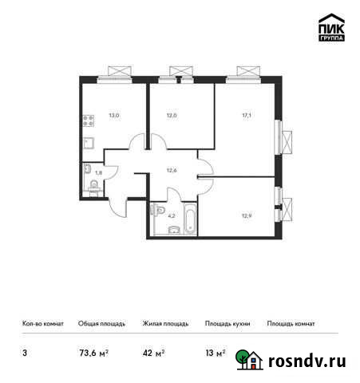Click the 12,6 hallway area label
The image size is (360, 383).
pyautogui.click(x=171, y=168)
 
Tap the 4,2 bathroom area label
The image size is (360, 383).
pyautogui.click(x=171, y=214)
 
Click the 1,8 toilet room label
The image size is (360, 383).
pyautogui.click(x=98, y=172)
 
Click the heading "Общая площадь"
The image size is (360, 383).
pyautogui.click(x=99, y=324)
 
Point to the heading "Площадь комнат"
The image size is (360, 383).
pyautogui.click(x=291, y=324)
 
